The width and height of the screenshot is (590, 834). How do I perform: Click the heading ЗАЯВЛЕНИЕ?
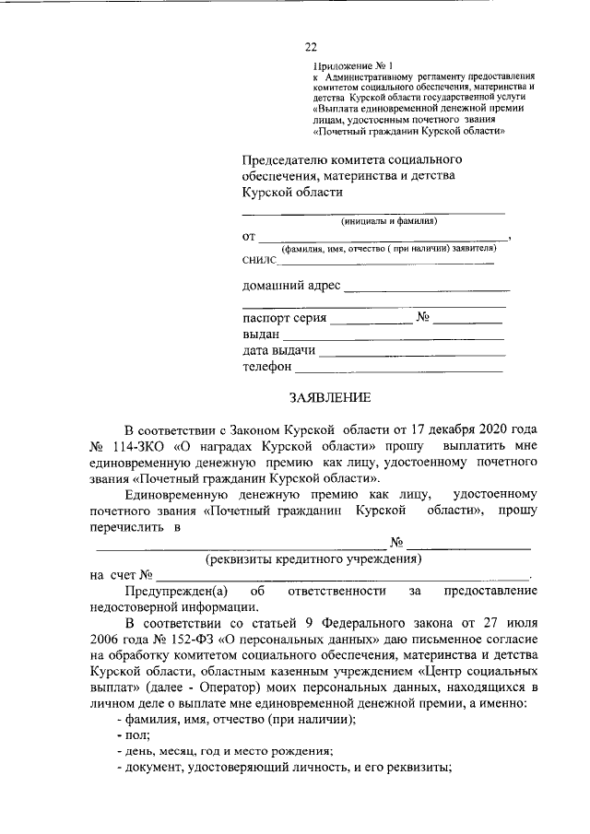[x=329, y=398]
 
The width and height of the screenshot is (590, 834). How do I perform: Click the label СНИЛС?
[x=261, y=263]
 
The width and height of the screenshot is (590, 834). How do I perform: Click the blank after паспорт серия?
[x=372, y=322]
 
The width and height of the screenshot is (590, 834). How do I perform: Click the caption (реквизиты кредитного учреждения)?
[x=313, y=558]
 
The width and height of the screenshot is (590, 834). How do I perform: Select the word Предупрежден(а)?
[x=170, y=590]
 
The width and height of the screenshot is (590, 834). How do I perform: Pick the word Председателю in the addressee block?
[x=284, y=159]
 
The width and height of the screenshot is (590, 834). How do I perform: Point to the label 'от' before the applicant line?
[x=249, y=236]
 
